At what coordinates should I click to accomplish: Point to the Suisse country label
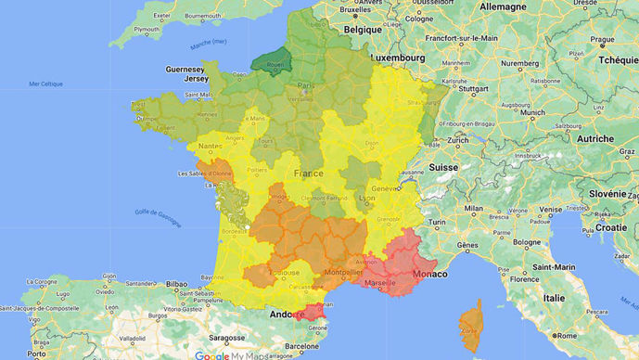pyautogui.click(x=443, y=168)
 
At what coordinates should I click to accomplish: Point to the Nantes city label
pyautogui.click(x=208, y=147)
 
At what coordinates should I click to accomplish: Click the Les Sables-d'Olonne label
pyautogui.click(x=205, y=173)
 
